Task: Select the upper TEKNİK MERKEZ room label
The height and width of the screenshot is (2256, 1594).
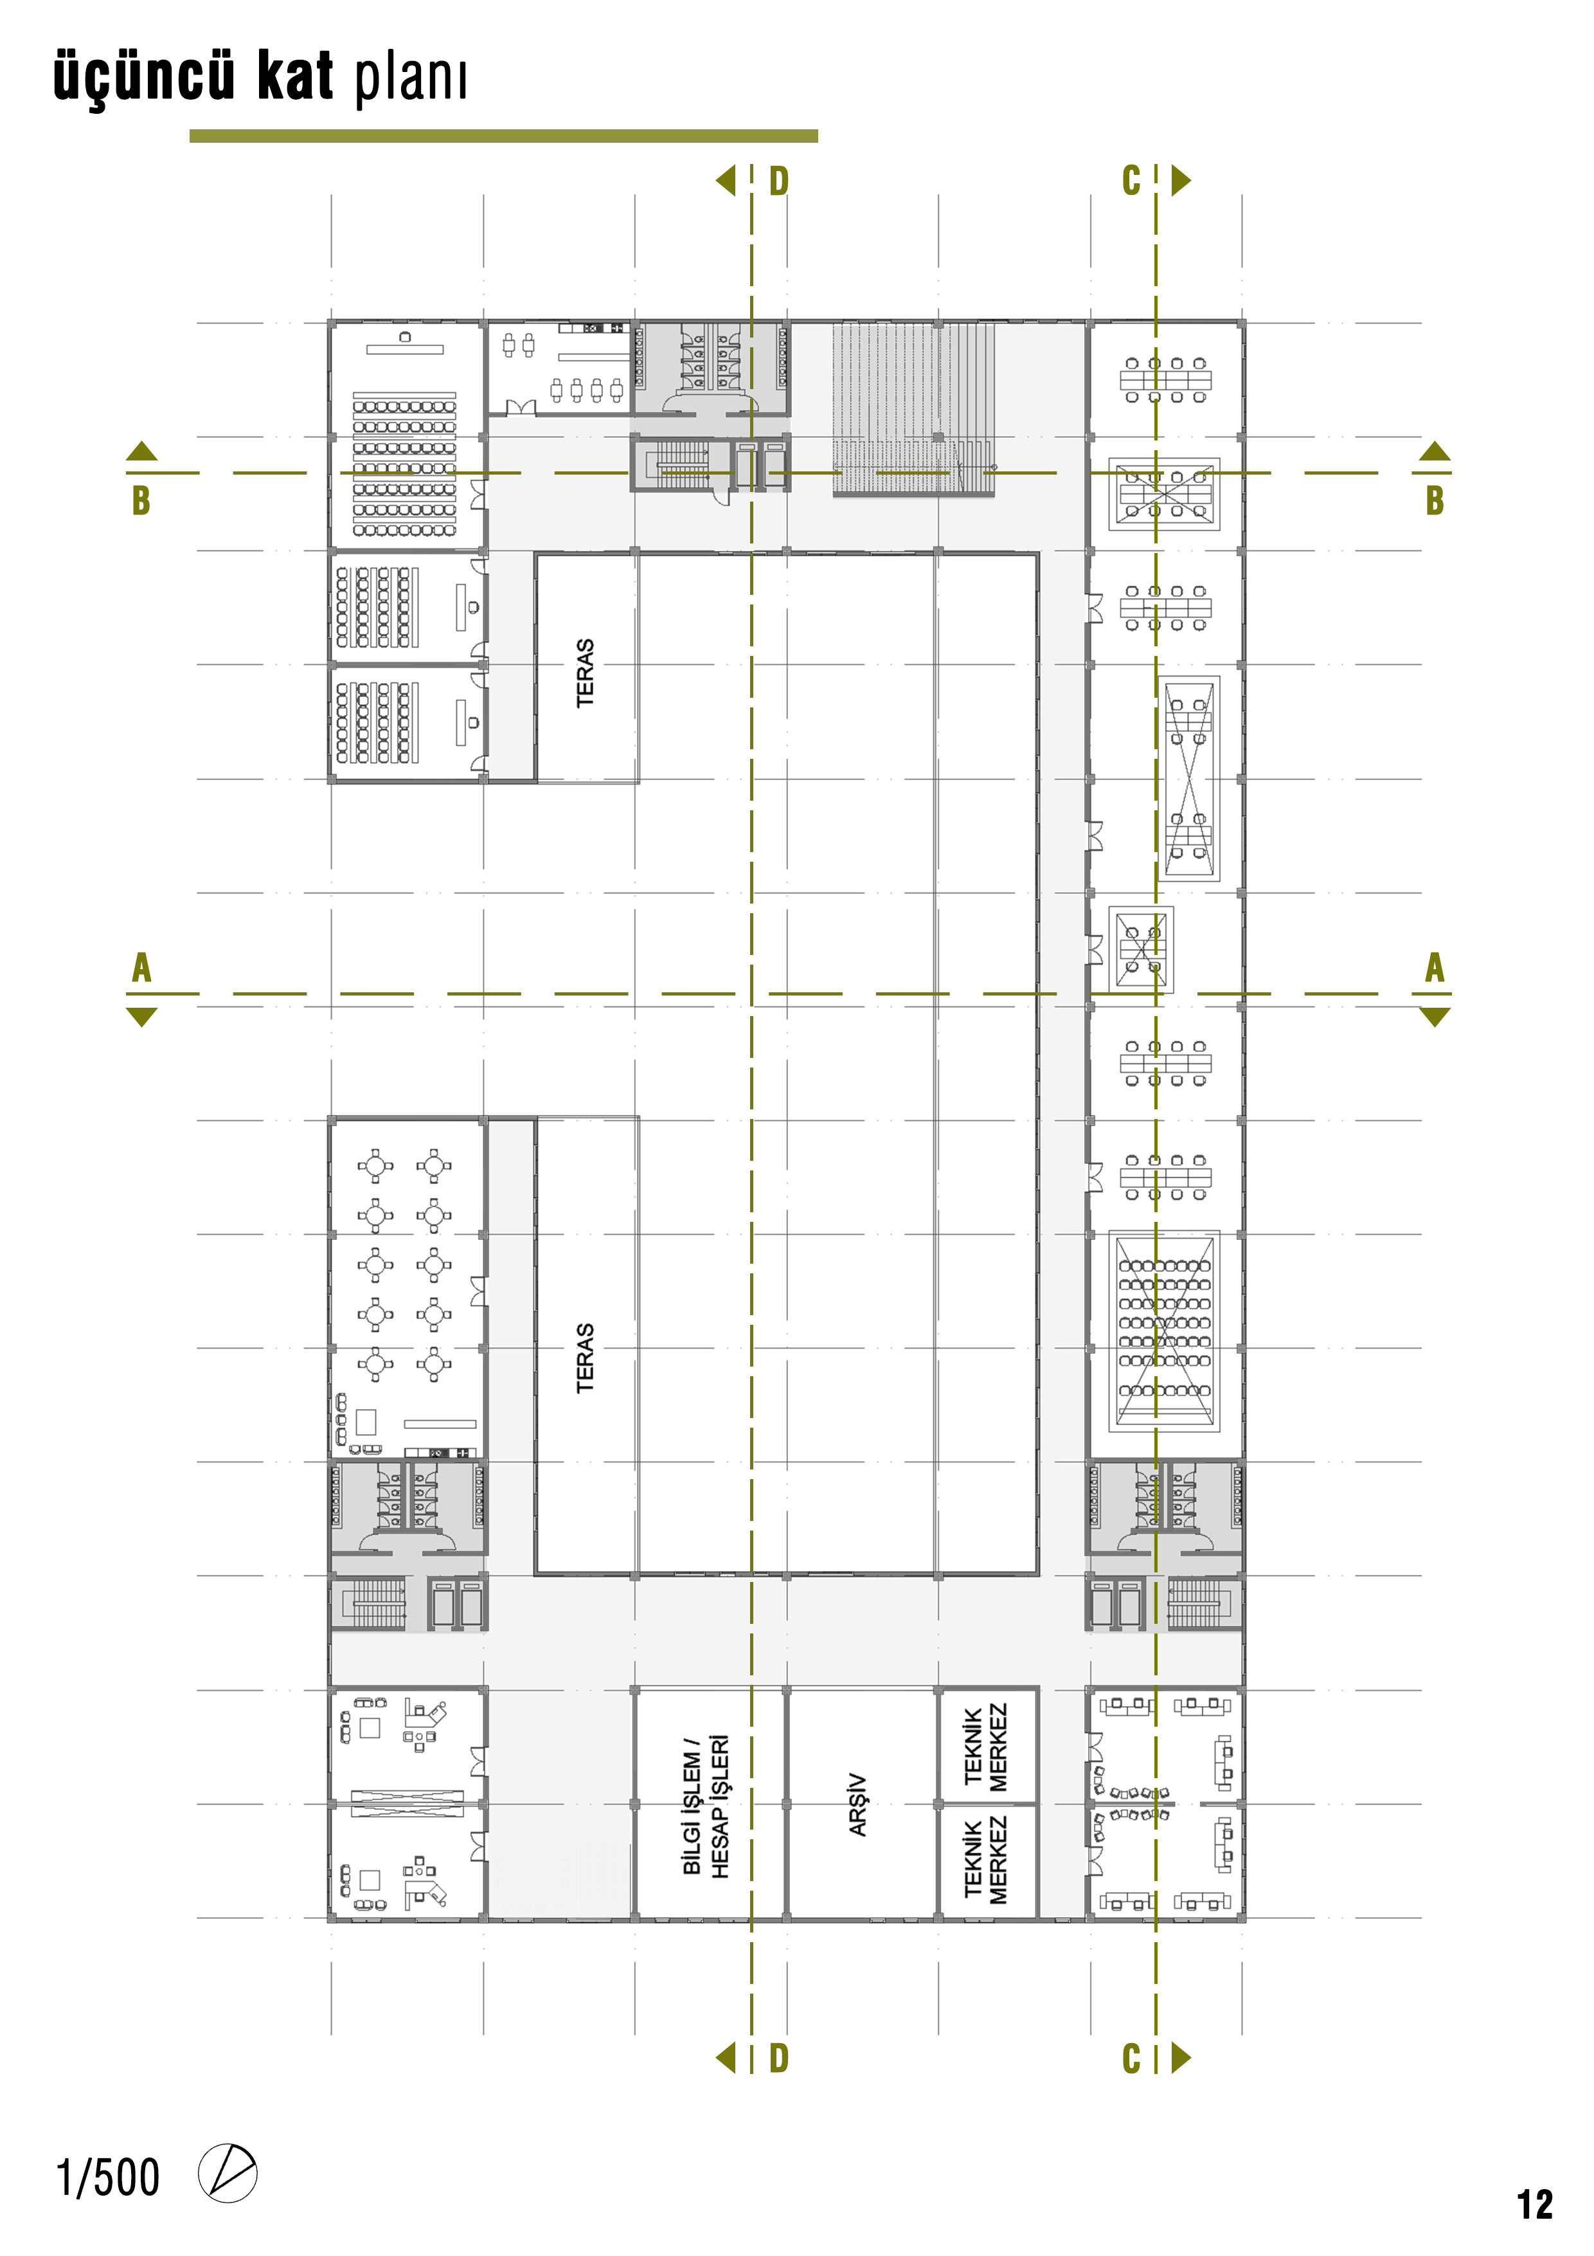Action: pyautogui.click(x=985, y=1747)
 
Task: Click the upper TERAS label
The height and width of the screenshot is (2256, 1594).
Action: pyautogui.click(x=586, y=673)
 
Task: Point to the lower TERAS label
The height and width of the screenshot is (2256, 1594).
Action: pyautogui.click(x=586, y=1358)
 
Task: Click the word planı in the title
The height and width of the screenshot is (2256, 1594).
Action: pyautogui.click(x=411, y=78)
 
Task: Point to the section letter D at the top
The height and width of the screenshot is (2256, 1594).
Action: pyautogui.click(x=779, y=181)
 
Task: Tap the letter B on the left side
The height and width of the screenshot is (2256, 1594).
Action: pyautogui.click(x=141, y=500)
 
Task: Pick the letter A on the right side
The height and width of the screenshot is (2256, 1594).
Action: pyautogui.click(x=1435, y=968)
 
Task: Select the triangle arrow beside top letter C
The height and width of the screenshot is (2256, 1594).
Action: pyautogui.click(x=1181, y=181)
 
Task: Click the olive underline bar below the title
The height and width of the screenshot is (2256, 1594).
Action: pyautogui.click(x=504, y=136)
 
